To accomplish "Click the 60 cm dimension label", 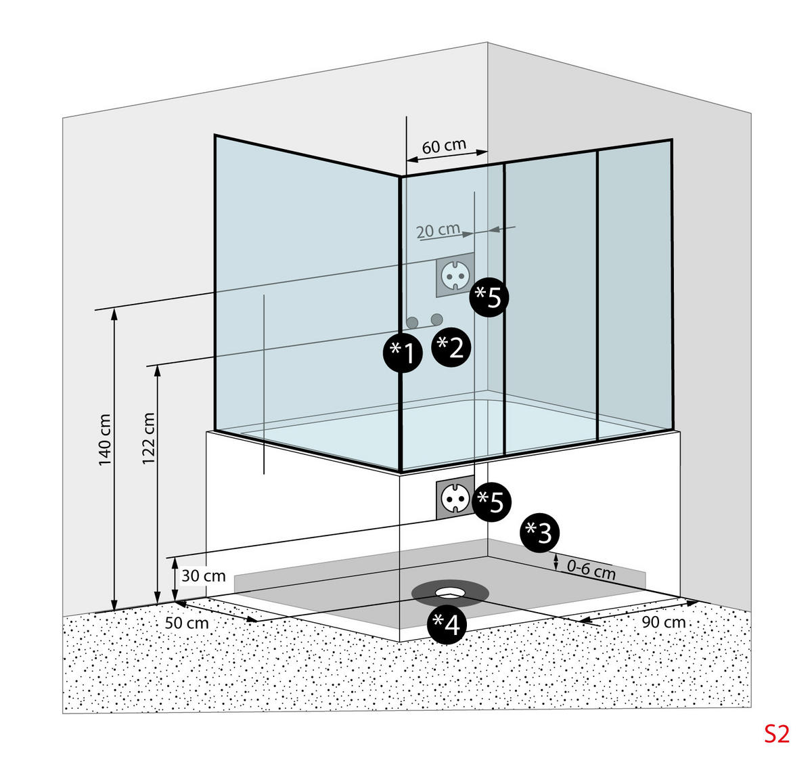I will point(444,146).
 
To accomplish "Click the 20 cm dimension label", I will point(438,230).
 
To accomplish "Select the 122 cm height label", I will point(149,439).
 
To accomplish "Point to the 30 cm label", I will point(203,576).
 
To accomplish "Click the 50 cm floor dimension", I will point(187,622).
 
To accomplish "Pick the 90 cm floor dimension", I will point(663,622).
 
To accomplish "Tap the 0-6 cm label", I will point(591,570).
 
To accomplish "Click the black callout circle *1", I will point(403,353).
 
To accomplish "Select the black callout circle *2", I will point(450,347).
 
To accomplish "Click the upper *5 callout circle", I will point(489,297).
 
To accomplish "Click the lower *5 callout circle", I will point(491,502).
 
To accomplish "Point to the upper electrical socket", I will point(455,276).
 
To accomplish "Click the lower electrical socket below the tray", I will point(455,500).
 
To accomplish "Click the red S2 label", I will point(776,734).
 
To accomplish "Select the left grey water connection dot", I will point(412,322).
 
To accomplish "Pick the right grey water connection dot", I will point(436,318).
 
